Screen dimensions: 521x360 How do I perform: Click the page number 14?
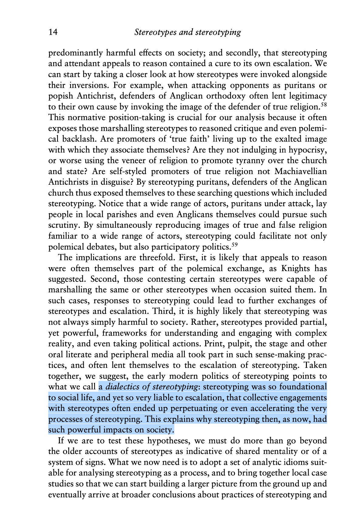53,32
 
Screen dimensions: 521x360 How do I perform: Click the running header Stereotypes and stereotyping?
187,32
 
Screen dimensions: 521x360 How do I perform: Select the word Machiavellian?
301,171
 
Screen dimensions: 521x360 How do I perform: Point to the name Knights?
295,268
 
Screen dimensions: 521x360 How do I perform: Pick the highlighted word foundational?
303,387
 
